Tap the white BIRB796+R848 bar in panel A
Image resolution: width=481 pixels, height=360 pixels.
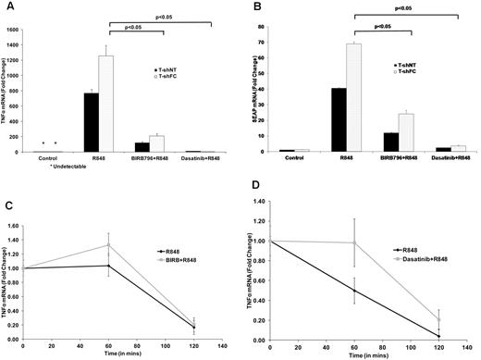tap(156, 143)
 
